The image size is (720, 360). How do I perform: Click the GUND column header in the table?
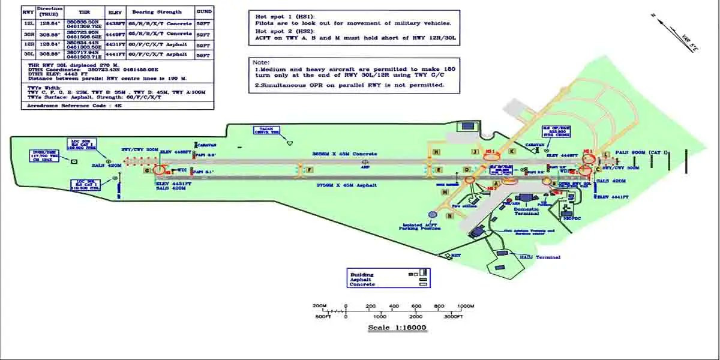click(204, 11)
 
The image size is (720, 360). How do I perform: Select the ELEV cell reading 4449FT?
click(115, 34)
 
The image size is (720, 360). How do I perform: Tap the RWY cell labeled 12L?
click(28, 24)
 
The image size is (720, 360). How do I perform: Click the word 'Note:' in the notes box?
click(262, 62)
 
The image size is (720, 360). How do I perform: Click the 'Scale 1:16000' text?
click(397, 328)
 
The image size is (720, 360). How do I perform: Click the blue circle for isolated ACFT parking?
click(432, 214)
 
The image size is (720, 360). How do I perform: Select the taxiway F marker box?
click(310, 170)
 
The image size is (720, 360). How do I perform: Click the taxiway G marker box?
click(146, 170)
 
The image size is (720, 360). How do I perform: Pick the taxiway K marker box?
click(511, 151)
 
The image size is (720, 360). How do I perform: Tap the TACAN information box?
click(266, 131)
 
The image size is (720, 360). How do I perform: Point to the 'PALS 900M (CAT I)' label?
click(638, 153)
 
